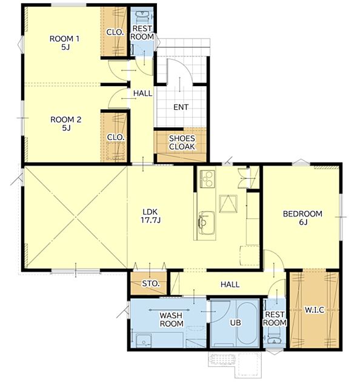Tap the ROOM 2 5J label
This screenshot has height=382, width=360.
pyautogui.click(x=66, y=124)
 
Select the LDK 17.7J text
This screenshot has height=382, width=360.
pyautogui.click(x=150, y=216)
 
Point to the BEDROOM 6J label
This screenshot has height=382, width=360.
pyautogui.click(x=302, y=218)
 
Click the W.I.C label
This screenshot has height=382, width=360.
pyautogui.click(x=315, y=310)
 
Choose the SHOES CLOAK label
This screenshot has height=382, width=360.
pyautogui.click(x=182, y=142)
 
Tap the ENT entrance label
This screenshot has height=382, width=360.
pyautogui.click(x=181, y=107)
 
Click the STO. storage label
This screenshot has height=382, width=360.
pyautogui.click(x=151, y=284)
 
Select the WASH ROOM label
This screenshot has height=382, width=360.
pyautogui.click(x=172, y=320)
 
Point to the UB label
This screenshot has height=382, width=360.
pyautogui.click(x=236, y=323)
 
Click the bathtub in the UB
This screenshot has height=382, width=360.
pyautogui.click(x=247, y=323)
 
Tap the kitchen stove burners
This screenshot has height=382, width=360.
pyautogui.click(x=207, y=179)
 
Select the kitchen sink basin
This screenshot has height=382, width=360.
pyautogui.click(x=207, y=223)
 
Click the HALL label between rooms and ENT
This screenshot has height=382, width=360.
pyautogui.click(x=143, y=93)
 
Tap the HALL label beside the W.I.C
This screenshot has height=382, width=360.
pyautogui.click(x=230, y=284)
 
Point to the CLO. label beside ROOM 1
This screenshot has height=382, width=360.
pyautogui.click(x=115, y=32)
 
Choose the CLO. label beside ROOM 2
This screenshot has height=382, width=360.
pyautogui.click(x=116, y=137)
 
